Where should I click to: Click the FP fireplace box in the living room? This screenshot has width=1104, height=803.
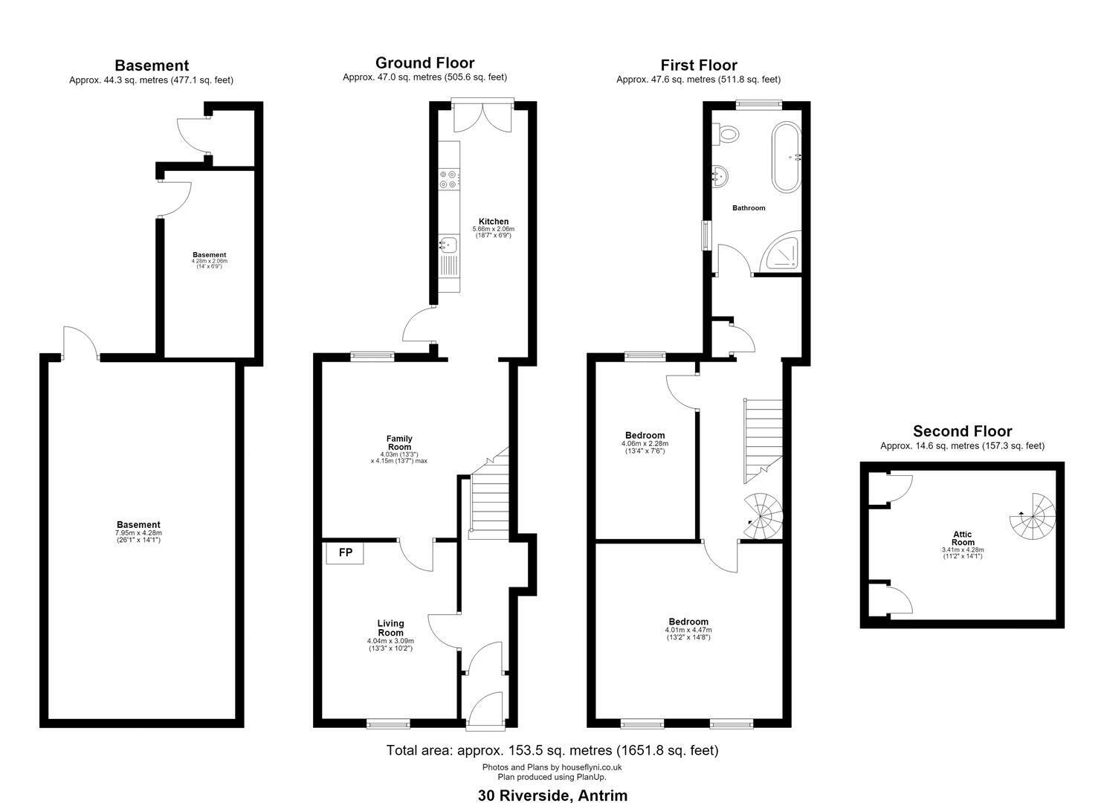(x=345, y=553)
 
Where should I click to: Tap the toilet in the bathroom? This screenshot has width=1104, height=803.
(x=728, y=134)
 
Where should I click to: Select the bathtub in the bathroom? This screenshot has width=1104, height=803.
(x=786, y=157)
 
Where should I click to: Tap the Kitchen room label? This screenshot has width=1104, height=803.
(x=494, y=222)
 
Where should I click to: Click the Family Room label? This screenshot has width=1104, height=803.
(x=399, y=442)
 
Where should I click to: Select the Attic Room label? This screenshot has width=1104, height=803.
(x=963, y=538)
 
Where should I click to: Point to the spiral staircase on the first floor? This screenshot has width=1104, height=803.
(x=763, y=515)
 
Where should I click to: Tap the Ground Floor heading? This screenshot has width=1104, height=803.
(x=425, y=62)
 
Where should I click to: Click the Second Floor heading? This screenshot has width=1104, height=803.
(x=963, y=431)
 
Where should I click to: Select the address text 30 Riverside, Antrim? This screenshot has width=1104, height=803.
(x=552, y=795)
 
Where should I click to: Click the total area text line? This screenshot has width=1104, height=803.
(x=552, y=750)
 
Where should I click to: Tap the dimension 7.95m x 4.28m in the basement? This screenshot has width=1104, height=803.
(x=138, y=533)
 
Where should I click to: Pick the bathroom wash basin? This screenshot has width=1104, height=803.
(x=720, y=176)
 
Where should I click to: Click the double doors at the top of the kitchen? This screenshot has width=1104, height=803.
(x=483, y=117)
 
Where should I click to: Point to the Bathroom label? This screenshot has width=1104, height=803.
(x=749, y=208)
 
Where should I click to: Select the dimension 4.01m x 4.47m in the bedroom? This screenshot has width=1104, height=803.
(x=688, y=630)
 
